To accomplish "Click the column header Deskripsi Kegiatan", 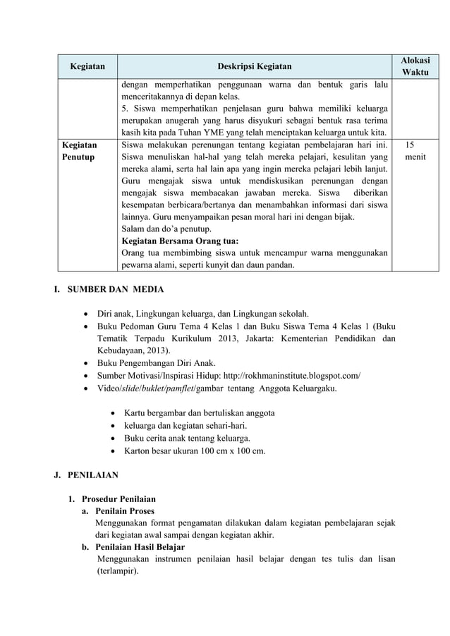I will (x=253, y=67).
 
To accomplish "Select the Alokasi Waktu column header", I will (x=414, y=67).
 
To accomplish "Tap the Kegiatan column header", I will (x=87, y=67).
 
